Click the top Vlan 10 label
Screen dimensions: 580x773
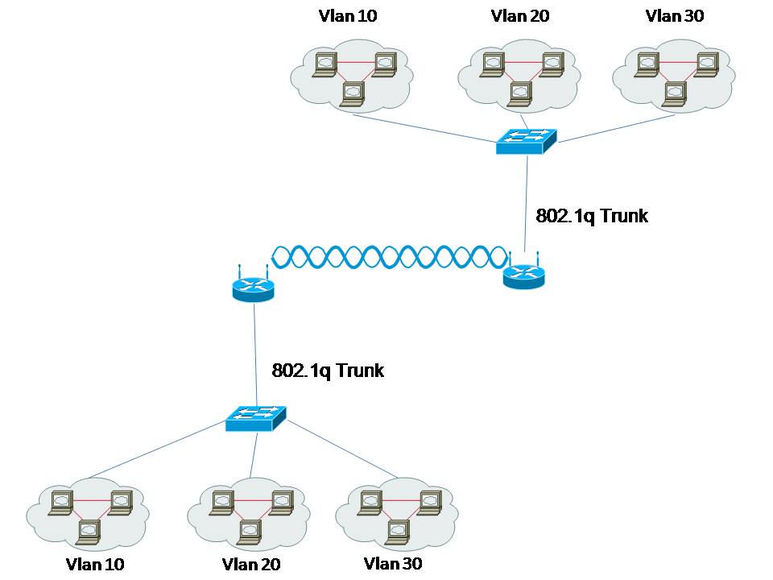pos(348,16)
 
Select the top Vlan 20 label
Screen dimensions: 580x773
pos(519,16)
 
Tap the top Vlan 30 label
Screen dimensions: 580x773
pos(675,16)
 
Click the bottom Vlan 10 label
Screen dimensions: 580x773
pos(95,564)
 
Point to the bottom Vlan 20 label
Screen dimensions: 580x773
pos(250,564)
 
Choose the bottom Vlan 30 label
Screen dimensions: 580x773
pos(392,563)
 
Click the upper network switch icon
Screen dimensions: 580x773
pos(525,142)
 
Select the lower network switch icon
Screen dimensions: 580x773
pos(255,417)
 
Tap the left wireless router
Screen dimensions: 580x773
pos(254,287)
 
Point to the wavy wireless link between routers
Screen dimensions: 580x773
pos(391,257)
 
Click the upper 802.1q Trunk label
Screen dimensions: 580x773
pos(591,217)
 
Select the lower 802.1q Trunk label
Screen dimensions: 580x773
pos(328,371)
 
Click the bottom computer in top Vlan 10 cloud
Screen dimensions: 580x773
pos(353,94)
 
